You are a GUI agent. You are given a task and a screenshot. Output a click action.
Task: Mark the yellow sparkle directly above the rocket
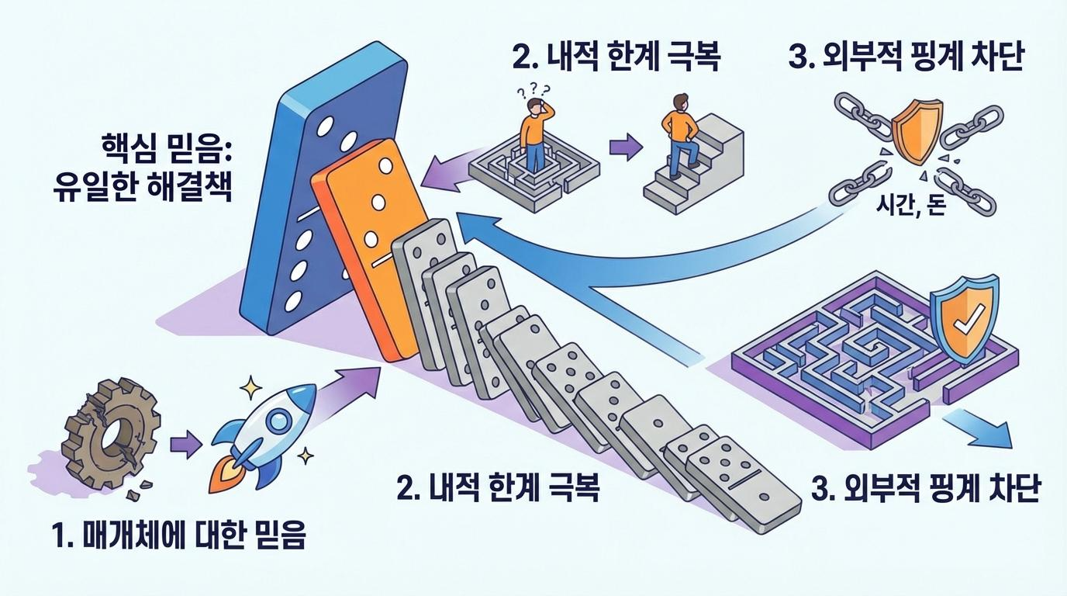point(250,384)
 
